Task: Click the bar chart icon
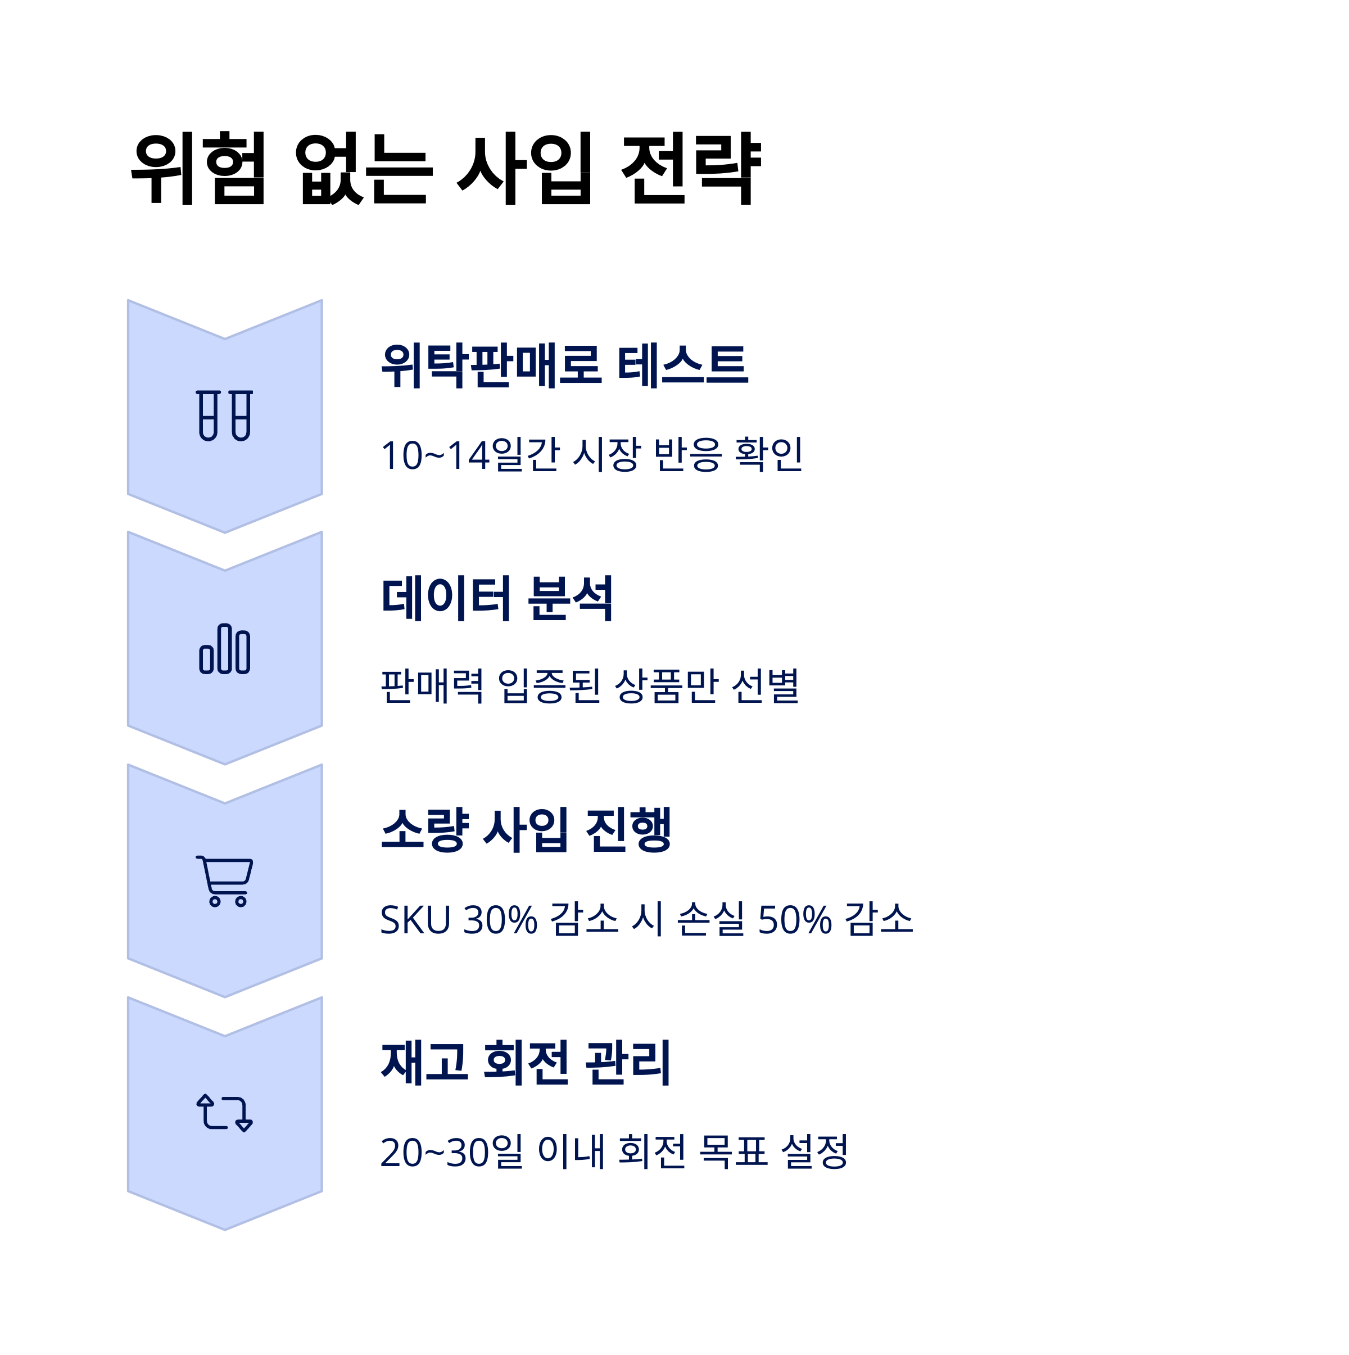(224, 649)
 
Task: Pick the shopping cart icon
(224, 881)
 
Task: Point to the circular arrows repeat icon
(224, 1113)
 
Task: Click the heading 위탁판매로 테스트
(564, 365)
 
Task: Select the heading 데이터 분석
(497, 598)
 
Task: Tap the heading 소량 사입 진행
(526, 830)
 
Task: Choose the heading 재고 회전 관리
(526, 1063)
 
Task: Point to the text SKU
(415, 919)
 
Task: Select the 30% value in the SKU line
(500, 919)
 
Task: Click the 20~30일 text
(451, 1152)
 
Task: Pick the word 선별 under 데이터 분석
(766, 686)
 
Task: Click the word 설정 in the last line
(814, 1152)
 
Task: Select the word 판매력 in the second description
(432, 686)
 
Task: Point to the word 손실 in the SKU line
(710, 919)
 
